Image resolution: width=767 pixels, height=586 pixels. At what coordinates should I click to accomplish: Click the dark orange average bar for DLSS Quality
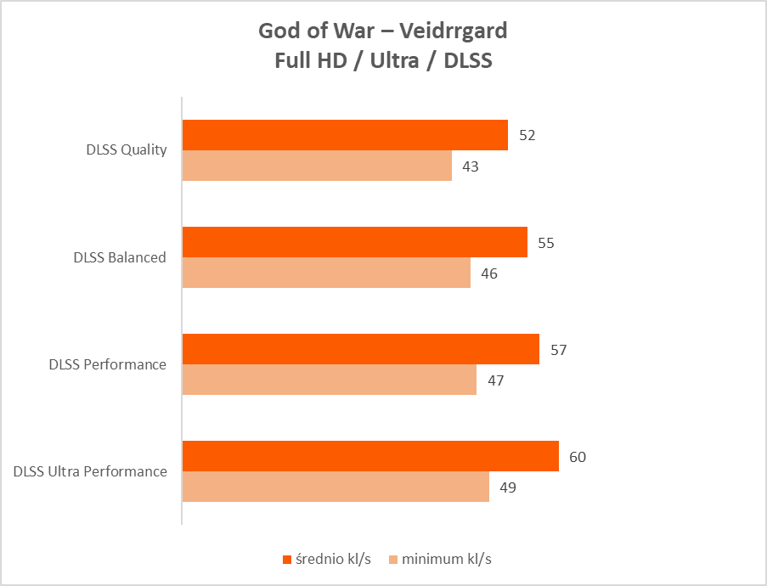(345, 135)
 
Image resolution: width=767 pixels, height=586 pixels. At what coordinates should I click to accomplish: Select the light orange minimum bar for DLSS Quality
(317, 166)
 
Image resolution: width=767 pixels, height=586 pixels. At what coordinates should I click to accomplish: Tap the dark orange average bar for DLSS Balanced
(355, 242)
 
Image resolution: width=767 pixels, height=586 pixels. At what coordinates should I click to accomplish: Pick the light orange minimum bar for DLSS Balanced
(326, 273)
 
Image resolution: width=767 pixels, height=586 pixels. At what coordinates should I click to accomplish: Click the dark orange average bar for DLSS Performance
(361, 349)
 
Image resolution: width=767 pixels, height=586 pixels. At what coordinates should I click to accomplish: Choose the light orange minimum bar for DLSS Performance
(330, 380)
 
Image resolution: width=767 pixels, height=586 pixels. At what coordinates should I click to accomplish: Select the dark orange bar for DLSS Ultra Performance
(370, 456)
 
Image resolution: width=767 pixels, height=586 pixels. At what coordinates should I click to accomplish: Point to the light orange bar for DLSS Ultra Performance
(336, 487)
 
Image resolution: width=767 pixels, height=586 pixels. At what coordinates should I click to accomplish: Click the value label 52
(527, 136)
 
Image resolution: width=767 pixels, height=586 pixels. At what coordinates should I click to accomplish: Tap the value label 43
(471, 166)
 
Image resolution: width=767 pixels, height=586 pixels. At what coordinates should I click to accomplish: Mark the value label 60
(578, 457)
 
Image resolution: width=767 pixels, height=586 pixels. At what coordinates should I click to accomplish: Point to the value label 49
(508, 487)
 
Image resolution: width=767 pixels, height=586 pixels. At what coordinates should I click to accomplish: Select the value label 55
(546, 243)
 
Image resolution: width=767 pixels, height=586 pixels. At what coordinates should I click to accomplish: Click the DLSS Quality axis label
(127, 150)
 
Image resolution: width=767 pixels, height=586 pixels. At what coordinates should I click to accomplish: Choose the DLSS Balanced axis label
(120, 257)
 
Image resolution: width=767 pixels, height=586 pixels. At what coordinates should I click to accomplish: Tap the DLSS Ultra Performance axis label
(90, 471)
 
